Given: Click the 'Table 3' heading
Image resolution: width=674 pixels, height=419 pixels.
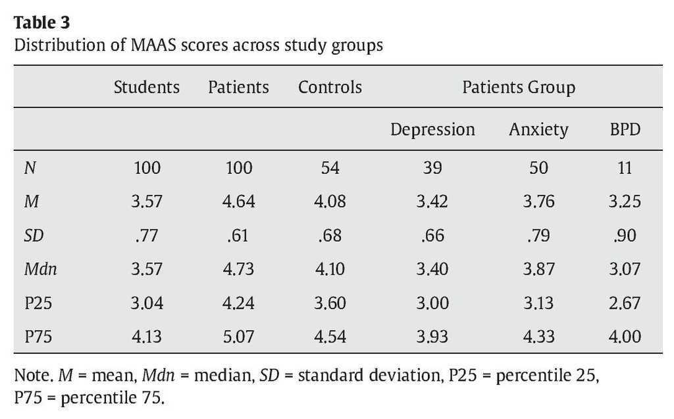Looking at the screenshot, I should (41, 22).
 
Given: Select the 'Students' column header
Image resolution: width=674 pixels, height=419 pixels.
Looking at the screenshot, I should (146, 87).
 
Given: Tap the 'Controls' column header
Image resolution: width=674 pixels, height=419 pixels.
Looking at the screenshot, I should (330, 87).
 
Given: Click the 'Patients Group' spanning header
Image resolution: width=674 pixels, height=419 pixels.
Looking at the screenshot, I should (519, 87).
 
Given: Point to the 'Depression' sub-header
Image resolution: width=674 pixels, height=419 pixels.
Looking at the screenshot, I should (432, 129).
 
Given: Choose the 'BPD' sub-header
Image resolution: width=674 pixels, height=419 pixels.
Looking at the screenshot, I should (625, 129).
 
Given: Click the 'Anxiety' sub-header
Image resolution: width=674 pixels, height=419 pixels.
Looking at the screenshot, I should (538, 129).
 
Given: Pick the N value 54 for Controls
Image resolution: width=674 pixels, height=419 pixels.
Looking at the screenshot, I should (330, 168).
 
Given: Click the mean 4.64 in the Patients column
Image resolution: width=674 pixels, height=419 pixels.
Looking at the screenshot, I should (238, 202).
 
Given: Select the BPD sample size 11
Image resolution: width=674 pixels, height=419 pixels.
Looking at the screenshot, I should (625, 168).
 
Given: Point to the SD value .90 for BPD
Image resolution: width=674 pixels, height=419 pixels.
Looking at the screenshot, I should (625, 235).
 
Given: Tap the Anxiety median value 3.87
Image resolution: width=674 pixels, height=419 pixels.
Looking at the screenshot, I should (538, 269).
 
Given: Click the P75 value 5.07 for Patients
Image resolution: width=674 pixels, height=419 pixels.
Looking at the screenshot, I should (238, 337).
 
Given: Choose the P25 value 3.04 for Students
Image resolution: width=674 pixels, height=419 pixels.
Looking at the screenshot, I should (146, 303).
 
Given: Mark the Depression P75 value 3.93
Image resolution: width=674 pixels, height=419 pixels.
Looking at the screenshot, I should (432, 337).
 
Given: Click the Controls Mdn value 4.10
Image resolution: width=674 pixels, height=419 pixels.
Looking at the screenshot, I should (330, 269).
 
